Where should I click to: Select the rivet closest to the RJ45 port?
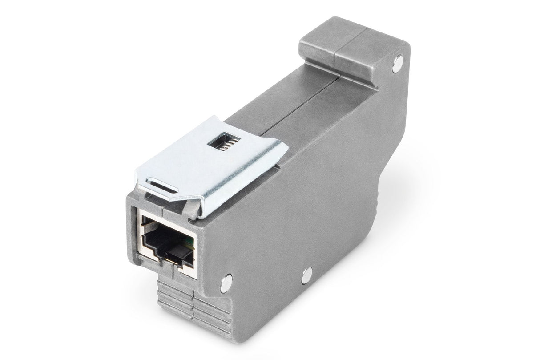(x=226, y=281)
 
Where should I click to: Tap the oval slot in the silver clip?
(x=162, y=184)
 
